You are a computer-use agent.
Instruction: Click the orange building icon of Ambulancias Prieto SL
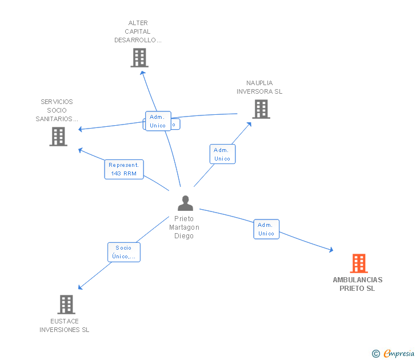point(358,263)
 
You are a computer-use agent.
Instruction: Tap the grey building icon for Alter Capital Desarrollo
point(139,58)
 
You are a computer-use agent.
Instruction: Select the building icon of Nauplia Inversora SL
point(261,109)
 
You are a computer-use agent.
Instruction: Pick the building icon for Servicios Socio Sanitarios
point(58,137)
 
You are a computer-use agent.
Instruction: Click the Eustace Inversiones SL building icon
point(66,305)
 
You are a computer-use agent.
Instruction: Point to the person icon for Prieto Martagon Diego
point(185,203)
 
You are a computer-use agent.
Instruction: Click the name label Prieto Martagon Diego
point(184,227)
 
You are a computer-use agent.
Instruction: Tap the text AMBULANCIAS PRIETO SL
point(358,284)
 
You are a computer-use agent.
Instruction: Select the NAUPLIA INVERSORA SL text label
point(259,87)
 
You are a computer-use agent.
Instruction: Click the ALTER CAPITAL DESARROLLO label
point(138,32)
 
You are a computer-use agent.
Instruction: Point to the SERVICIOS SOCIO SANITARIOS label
point(57,110)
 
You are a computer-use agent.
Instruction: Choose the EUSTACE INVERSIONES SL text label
point(64,325)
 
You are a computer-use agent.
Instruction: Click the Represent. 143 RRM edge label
point(124,169)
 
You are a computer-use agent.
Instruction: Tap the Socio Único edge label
point(124,252)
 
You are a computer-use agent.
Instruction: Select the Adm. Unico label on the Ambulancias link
point(266,229)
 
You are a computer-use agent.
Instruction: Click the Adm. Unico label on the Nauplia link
point(222,154)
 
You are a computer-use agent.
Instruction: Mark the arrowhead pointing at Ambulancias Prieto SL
point(331,250)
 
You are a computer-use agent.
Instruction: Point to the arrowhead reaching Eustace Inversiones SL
point(81,287)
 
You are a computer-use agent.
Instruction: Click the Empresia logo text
point(398,354)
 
